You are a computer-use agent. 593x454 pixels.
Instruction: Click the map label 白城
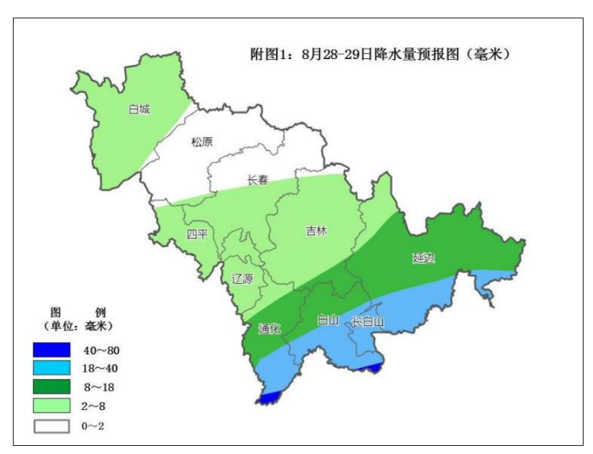pos(139,109)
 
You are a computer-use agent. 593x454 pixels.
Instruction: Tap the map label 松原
pos(202,142)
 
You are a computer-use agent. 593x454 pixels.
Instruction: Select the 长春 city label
pos(256,180)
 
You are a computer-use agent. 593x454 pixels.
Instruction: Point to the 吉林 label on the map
pos(316,231)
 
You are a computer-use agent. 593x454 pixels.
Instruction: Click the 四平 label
pos(197,234)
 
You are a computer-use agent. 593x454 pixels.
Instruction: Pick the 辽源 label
pos(242,278)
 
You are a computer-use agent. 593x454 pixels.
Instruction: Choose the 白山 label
pos(328,319)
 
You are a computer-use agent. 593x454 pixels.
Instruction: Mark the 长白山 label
pos(368,322)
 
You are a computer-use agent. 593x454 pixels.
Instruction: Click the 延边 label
pos(424,258)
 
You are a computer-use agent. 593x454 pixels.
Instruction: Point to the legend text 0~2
pos(92,426)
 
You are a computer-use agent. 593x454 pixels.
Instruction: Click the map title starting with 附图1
pos(380,54)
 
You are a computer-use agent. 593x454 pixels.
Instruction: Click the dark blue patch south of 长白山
pos(372,367)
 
